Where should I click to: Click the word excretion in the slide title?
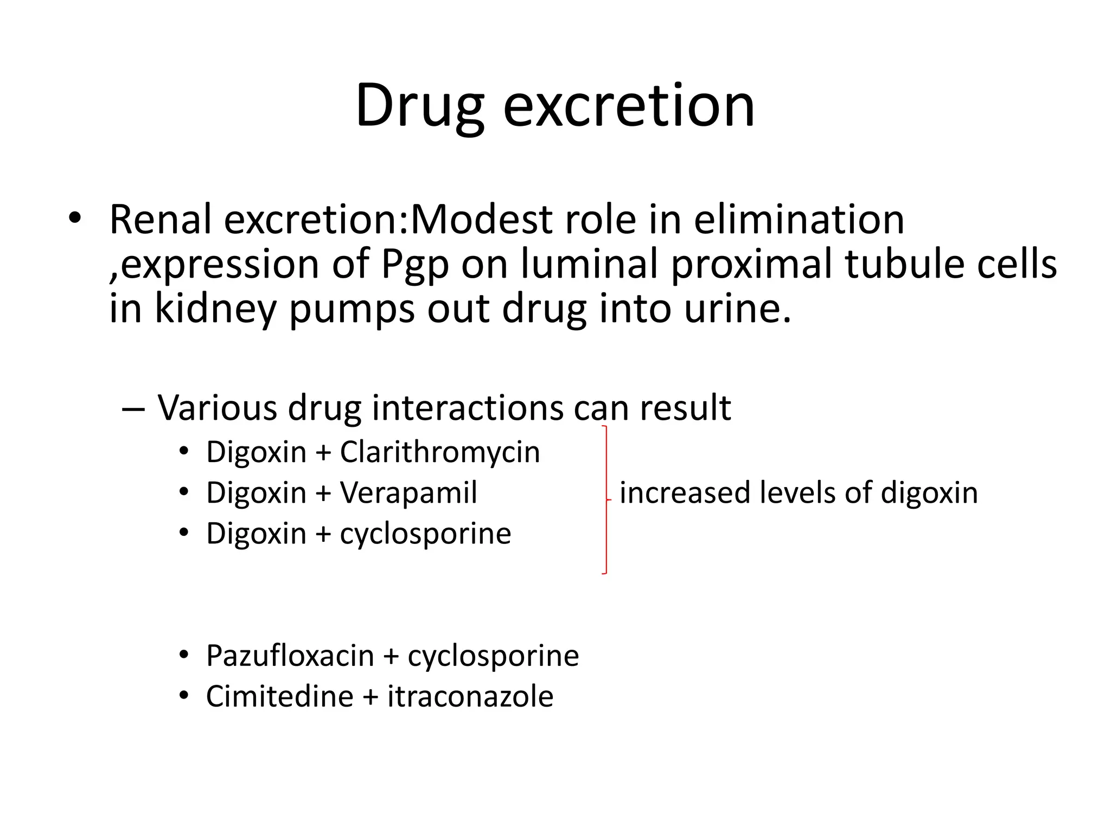pyautogui.click(x=629, y=106)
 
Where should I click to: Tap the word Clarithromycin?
pyautogui.click(x=440, y=452)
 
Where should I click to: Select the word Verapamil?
pyautogui.click(x=408, y=493)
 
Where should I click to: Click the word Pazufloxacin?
pyautogui.click(x=290, y=656)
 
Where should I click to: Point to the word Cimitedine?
pyautogui.click(x=280, y=696)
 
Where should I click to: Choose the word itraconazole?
pyautogui.click(x=470, y=696)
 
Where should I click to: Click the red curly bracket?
pyautogui.click(x=605, y=499)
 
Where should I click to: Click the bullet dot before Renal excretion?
pyautogui.click(x=75, y=219)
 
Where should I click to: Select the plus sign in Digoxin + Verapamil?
pyautogui.click(x=323, y=494)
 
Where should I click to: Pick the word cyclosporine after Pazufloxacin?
pyautogui.click(x=493, y=656)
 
